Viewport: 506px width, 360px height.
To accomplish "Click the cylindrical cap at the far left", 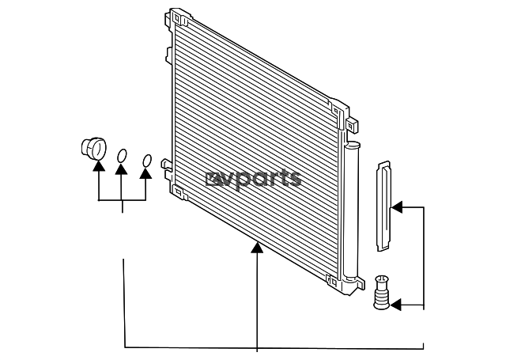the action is point(93,149).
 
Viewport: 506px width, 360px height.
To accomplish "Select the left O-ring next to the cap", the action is point(122,156).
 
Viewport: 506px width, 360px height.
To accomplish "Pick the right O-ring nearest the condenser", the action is point(147,161).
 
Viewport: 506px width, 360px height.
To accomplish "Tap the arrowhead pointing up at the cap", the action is point(99,165).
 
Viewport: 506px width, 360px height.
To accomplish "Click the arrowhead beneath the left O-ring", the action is point(121,169).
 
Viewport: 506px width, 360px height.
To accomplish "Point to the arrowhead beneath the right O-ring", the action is point(145,173).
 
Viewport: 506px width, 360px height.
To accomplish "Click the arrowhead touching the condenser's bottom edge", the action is point(257,248).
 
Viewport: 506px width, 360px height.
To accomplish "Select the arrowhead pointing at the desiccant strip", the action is point(396,207).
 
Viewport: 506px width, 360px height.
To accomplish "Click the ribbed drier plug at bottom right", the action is point(381,292).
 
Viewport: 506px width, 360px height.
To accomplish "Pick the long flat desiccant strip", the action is point(383,207).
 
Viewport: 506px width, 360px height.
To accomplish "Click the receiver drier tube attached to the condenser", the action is point(351,210).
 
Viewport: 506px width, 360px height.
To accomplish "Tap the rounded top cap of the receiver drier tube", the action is point(352,145).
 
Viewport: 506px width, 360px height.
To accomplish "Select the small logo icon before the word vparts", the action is point(210,178).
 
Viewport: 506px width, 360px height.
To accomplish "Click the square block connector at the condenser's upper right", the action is point(352,125).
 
